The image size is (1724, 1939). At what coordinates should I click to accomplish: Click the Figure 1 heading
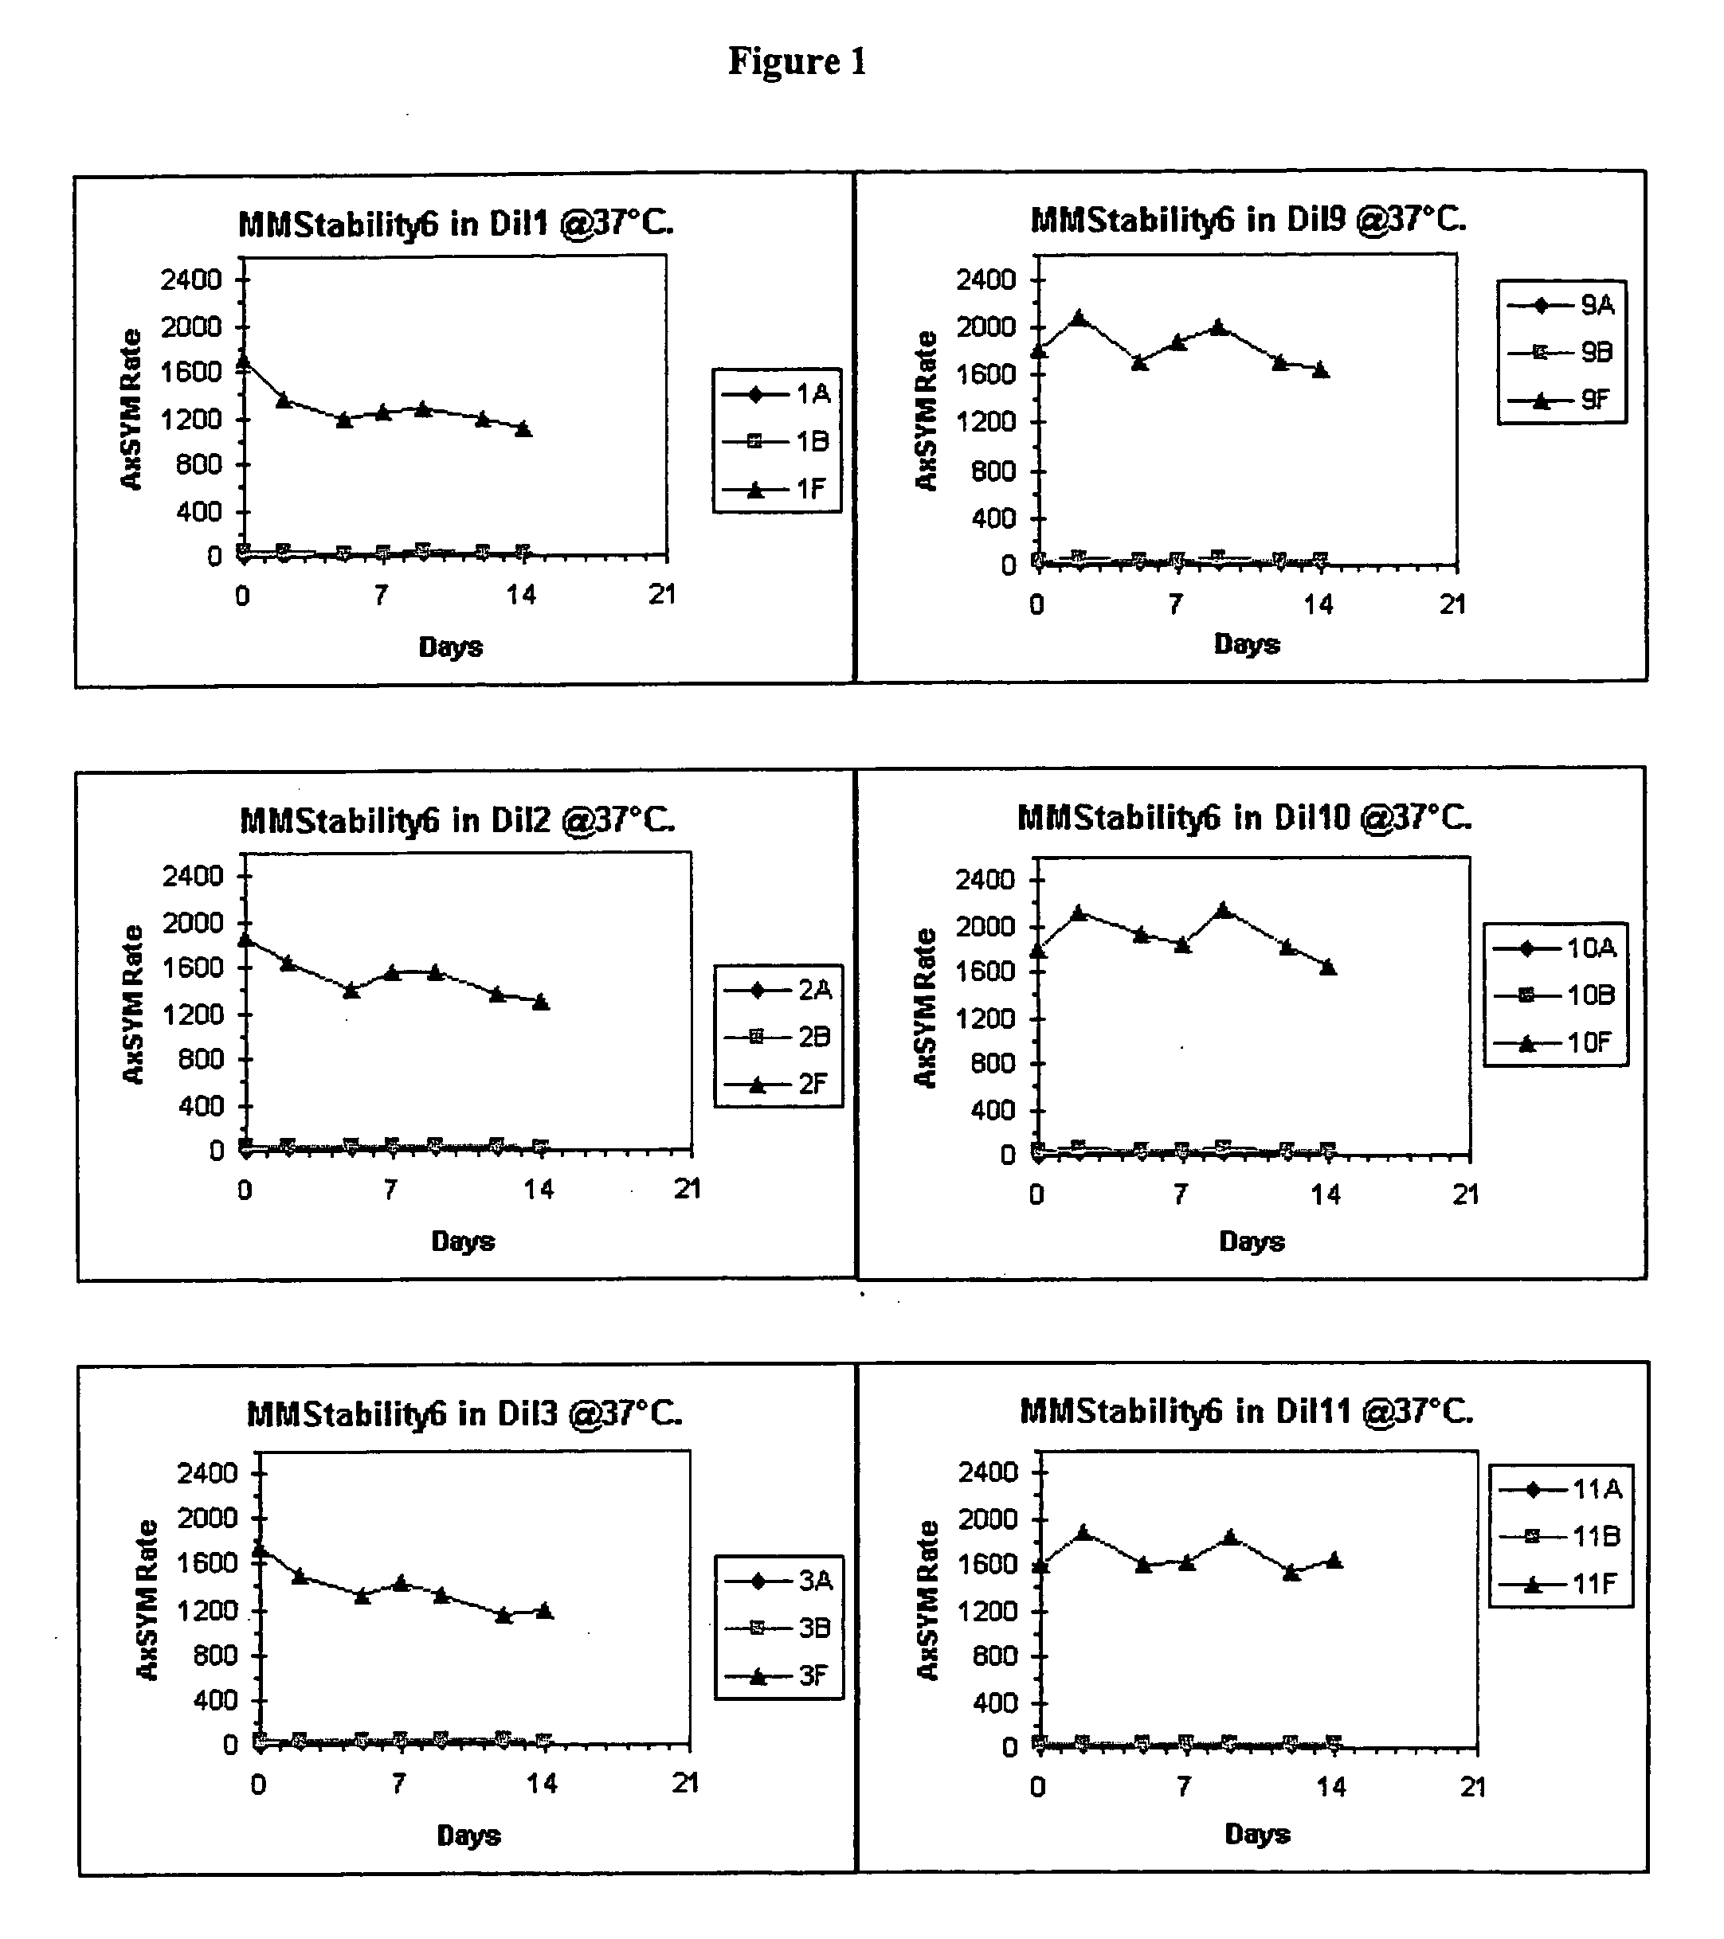tap(797, 61)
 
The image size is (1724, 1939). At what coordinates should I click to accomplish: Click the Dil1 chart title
tap(456, 225)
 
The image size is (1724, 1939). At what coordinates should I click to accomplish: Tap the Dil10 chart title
tap(1245, 818)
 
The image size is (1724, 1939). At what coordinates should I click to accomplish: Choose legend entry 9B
tap(1561, 353)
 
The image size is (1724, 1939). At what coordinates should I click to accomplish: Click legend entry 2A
tap(778, 991)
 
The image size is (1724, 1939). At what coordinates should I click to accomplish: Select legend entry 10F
tap(1554, 1043)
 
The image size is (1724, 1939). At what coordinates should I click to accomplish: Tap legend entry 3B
tap(778, 1628)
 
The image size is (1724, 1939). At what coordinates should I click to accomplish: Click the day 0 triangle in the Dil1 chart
tap(243, 361)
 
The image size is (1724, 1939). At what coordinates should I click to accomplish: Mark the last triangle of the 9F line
tap(1321, 370)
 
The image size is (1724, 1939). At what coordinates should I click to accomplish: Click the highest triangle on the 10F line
tap(1223, 909)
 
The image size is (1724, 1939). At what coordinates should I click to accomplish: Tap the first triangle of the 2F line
tap(245, 939)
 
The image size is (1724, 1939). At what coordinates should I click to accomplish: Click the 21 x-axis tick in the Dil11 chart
tap(1472, 1787)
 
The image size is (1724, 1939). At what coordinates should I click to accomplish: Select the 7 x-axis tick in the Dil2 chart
tap(390, 1190)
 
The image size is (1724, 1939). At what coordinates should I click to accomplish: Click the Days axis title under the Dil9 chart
tap(1247, 644)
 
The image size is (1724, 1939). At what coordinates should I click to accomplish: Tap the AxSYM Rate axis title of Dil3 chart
tap(147, 1601)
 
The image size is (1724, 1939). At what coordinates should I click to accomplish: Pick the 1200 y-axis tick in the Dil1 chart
tap(192, 420)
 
